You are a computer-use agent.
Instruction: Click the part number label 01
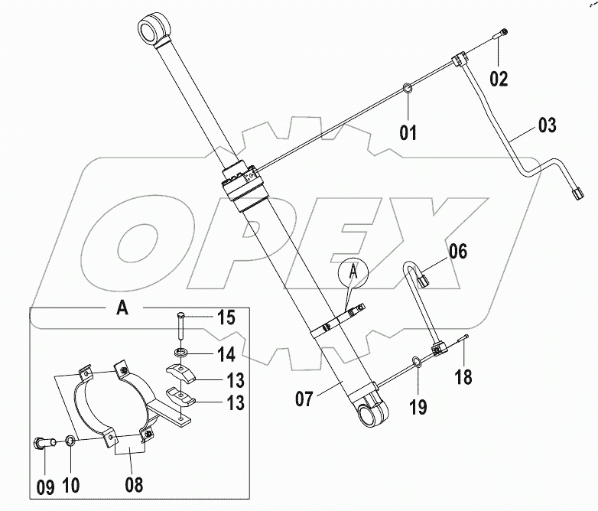click(408, 133)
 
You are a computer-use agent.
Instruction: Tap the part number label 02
click(499, 77)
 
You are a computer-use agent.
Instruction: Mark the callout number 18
click(463, 376)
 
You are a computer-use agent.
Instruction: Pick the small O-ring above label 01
click(409, 93)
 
